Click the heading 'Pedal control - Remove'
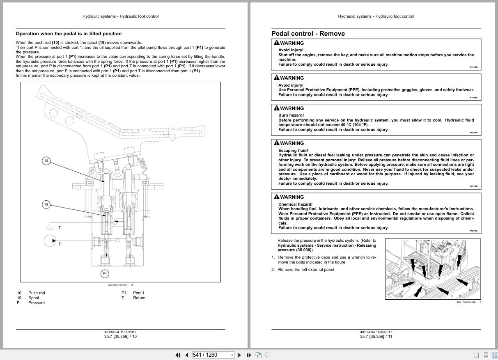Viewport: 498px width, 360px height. pos(308,34)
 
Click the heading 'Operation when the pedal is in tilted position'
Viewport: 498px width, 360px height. pos(69,34)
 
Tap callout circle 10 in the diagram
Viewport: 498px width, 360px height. pos(46,161)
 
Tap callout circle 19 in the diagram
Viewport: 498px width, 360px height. pos(46,204)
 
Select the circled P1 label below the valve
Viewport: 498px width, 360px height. pos(105,273)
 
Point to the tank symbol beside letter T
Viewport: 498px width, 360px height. pos(50,227)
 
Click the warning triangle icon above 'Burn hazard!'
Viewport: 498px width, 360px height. pos(276,108)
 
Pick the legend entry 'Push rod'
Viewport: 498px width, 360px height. pos(37,293)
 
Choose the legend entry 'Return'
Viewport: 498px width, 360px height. pos(139,298)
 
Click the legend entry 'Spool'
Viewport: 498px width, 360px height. pos(34,298)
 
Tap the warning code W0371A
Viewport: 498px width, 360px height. pos(473,231)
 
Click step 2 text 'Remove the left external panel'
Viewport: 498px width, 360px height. pos(306,270)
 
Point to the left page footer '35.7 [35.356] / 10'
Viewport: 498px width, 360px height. pos(120,337)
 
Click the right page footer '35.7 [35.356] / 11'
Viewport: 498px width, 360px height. pos(376,337)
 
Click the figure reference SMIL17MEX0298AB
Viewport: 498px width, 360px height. pos(466,303)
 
